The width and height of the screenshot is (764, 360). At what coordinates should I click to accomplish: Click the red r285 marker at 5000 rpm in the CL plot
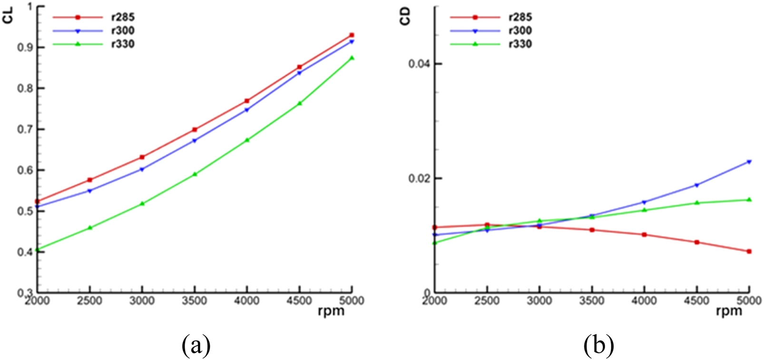352,35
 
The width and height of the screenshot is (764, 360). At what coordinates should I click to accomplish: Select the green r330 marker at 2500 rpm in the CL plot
90,228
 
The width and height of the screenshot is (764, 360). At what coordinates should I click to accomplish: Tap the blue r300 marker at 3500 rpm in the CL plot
195,141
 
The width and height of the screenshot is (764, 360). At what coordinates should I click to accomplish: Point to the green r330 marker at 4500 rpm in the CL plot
299,103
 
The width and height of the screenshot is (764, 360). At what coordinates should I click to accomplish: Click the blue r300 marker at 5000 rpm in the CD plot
749,162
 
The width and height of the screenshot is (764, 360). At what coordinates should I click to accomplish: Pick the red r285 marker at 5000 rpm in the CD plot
749,251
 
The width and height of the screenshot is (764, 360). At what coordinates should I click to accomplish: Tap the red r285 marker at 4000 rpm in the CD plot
644,234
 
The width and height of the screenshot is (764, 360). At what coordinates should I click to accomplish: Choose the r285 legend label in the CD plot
520,18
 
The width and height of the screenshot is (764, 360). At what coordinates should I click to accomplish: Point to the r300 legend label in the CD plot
520,31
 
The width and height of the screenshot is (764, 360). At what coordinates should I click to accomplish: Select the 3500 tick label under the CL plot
195,301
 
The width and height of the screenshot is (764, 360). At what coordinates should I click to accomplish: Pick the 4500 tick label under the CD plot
696,301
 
